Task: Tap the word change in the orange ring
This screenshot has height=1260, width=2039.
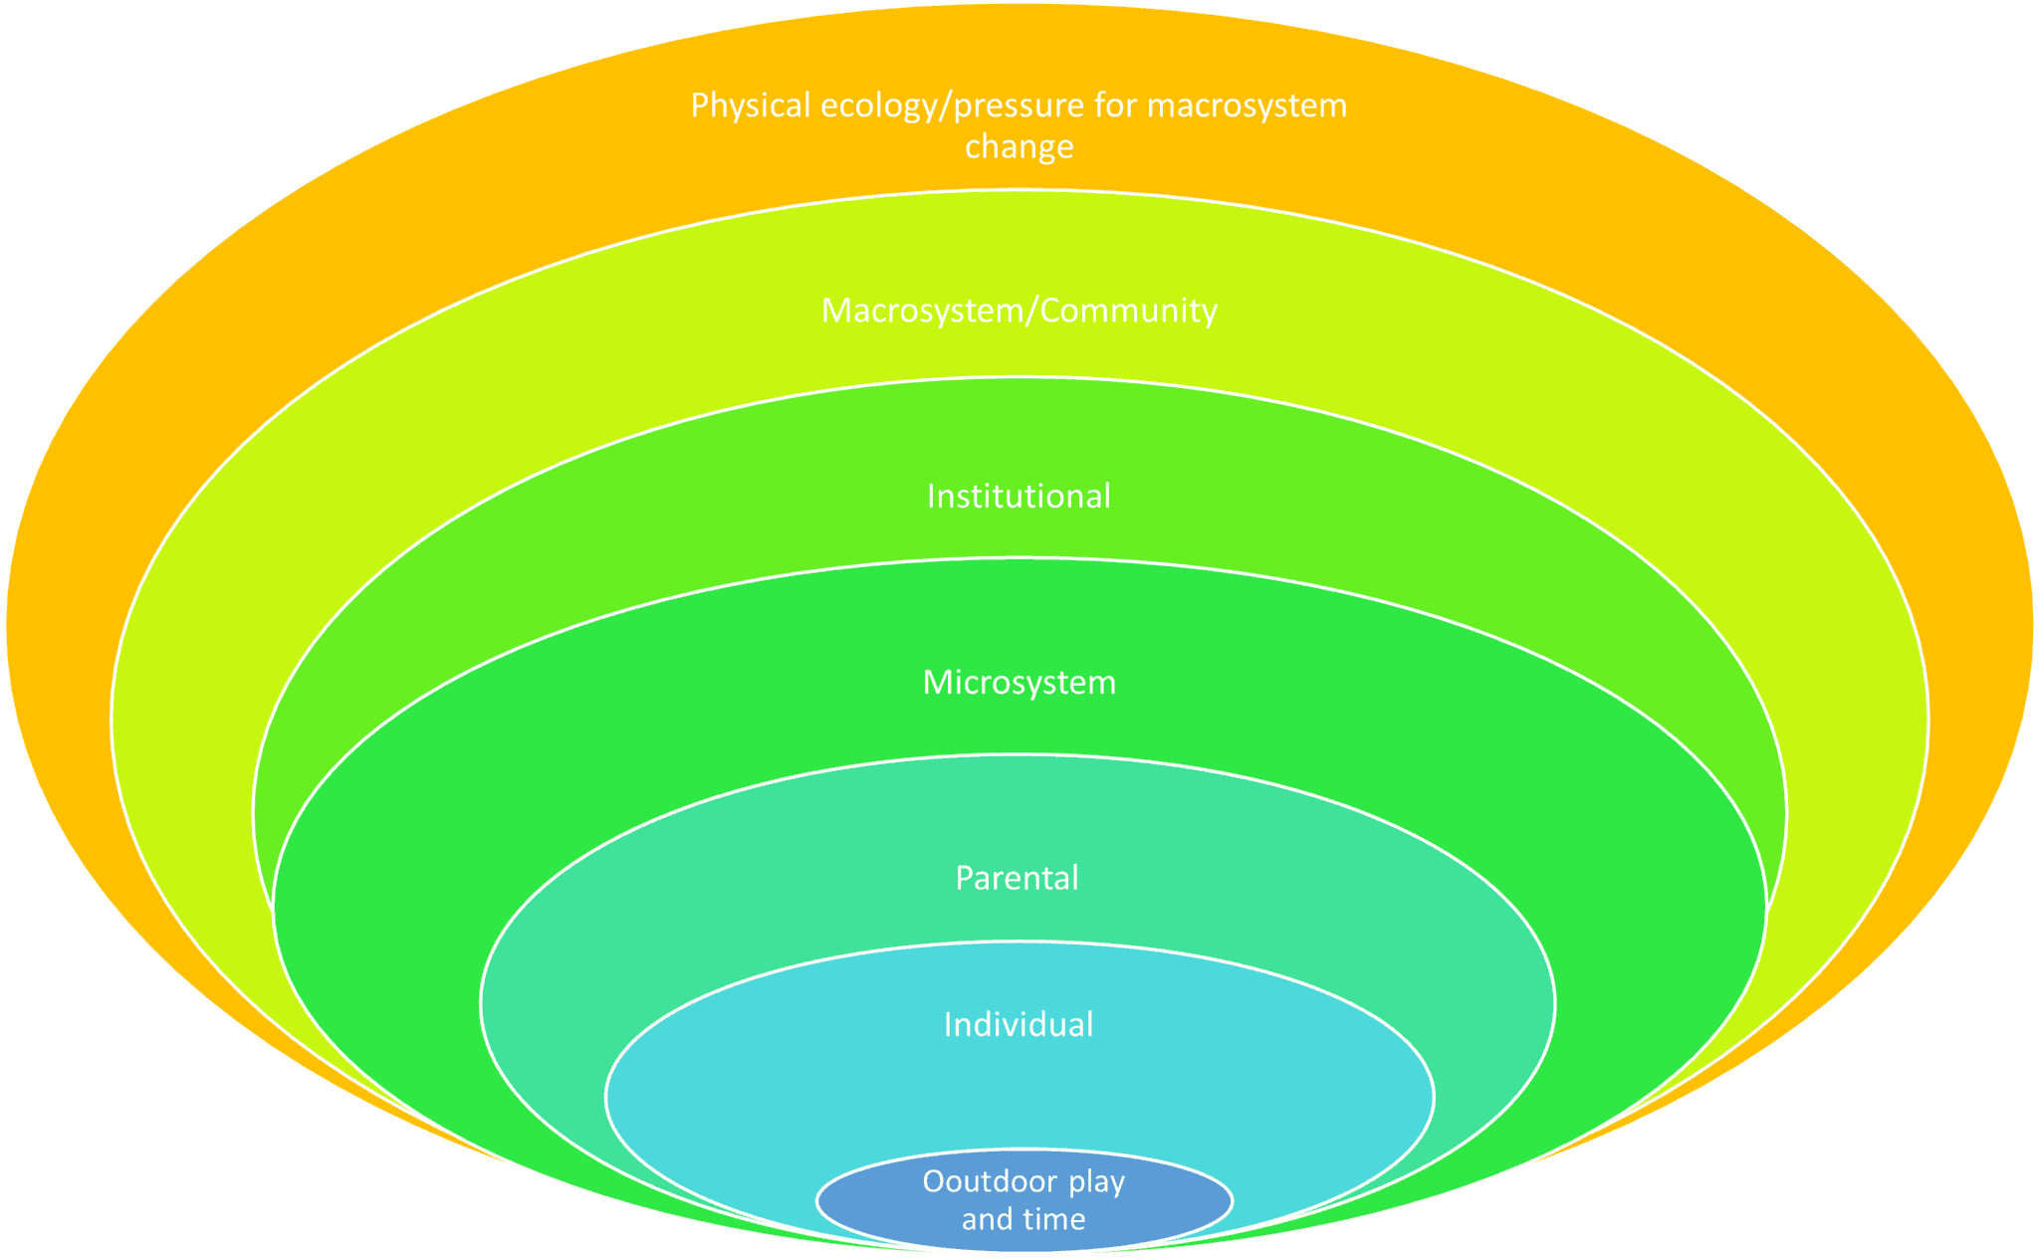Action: point(1019,146)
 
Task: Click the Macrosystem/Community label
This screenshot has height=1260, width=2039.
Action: point(1019,311)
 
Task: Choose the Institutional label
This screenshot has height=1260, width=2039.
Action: point(1019,496)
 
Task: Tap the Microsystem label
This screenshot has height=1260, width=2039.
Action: point(1019,683)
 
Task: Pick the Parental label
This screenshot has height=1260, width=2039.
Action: point(1017,878)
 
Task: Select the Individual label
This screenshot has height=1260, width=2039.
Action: point(1018,1024)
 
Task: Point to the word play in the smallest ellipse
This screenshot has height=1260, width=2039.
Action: point(1096,1182)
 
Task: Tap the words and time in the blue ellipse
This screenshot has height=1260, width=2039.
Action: point(1023,1219)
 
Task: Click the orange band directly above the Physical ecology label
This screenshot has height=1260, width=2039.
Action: point(1019,50)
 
